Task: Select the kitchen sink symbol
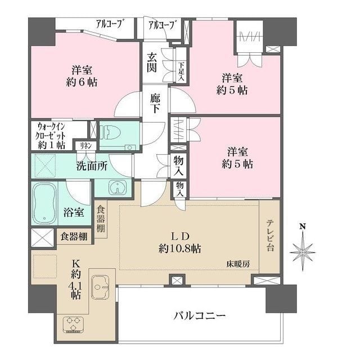tap(101, 287)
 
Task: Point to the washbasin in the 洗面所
tap(118, 187)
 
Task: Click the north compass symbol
tap(303, 251)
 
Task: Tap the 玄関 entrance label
tap(152, 62)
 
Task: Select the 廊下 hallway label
tap(155, 103)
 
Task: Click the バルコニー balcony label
tap(199, 316)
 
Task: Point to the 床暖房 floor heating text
tap(238, 264)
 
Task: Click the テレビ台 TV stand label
tap(270, 236)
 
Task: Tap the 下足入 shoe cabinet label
tap(181, 71)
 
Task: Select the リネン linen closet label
tap(86, 146)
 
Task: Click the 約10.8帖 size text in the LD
tap(180, 249)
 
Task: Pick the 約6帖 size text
tap(82, 82)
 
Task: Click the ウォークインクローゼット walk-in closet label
tap(51, 136)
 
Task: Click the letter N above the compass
tap(303, 227)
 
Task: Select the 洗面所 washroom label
tap(92, 166)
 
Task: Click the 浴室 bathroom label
tap(74, 213)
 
